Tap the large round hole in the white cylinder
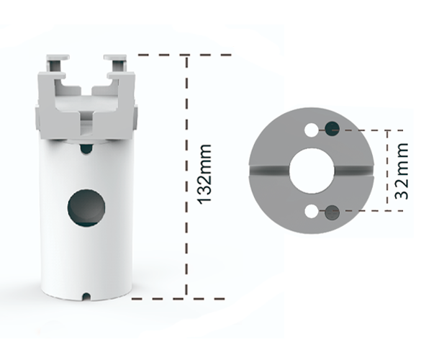[x=86, y=207]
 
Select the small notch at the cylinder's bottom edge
[x=86, y=295]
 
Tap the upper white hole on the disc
[x=312, y=130]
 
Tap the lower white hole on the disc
[x=312, y=212]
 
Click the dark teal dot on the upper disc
[x=332, y=129]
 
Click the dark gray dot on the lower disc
[x=332, y=212]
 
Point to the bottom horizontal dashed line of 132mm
[x=162, y=296]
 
